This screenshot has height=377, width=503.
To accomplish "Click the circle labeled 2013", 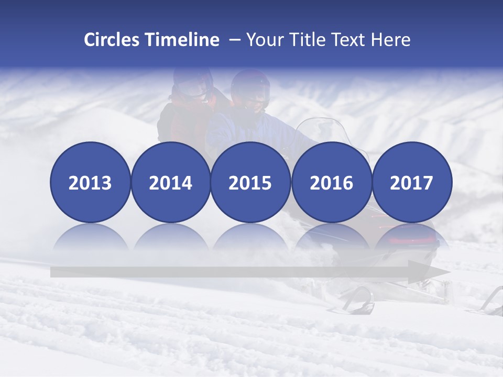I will pyautogui.click(x=90, y=182).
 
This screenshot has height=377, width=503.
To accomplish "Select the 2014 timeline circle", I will pyautogui.click(x=170, y=182).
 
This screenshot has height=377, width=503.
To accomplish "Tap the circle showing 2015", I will pyautogui.click(x=250, y=182).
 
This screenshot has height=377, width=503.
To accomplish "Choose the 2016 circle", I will pyautogui.click(x=331, y=182).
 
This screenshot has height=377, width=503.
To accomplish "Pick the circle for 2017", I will pyautogui.click(x=412, y=182).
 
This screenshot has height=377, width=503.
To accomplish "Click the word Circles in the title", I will pyautogui.click(x=113, y=40).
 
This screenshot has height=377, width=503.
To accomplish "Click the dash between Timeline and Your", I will pyautogui.click(x=234, y=40).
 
